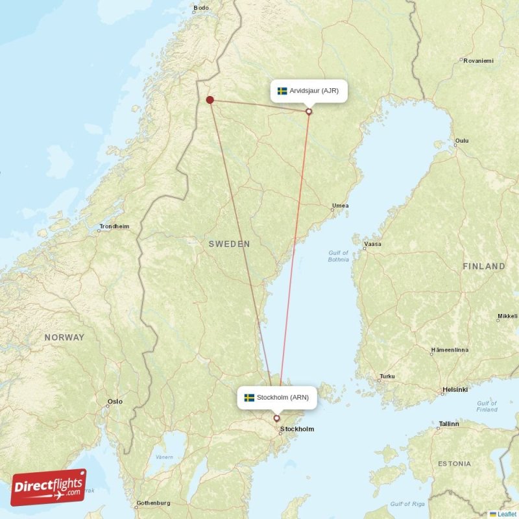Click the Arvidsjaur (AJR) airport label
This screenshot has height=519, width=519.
tap(309, 91)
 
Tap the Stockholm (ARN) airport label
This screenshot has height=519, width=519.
tap(277, 398)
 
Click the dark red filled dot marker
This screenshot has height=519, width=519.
tap(210, 99)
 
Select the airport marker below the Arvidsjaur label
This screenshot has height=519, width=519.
tap(309, 112)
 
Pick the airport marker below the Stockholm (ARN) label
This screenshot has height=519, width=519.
tap(277, 418)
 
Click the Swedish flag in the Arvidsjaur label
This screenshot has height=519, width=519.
tap(282, 91)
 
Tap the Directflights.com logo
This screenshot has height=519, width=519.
tap(48, 487)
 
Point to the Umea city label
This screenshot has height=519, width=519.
tap(340, 206)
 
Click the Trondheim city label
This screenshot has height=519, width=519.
tap(114, 227)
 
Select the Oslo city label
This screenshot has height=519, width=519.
tap(115, 402)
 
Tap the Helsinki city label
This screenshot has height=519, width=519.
tap(455, 390)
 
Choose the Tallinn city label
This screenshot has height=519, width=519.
tap(448, 424)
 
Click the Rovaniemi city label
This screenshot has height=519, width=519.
tap(478, 61)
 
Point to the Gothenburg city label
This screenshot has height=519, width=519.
tap(153, 503)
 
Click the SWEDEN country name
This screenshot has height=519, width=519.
tap(229, 244)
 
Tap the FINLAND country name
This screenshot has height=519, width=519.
tap(483, 266)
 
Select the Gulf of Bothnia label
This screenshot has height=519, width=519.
tap(338, 256)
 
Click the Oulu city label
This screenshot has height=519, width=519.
tap(462, 140)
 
